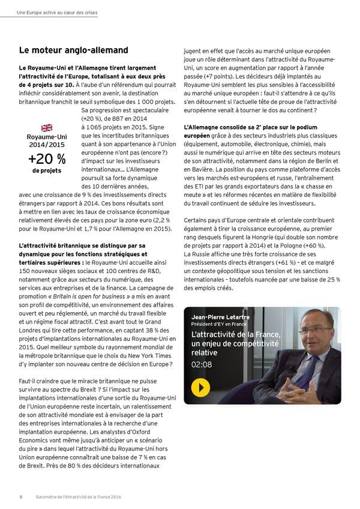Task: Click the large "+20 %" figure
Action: [46, 159]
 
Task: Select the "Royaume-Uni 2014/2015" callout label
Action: [46, 140]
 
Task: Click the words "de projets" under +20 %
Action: [46, 171]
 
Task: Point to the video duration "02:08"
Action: [201, 364]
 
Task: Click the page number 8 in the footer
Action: [20, 496]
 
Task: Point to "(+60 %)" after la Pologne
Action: [313, 245]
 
